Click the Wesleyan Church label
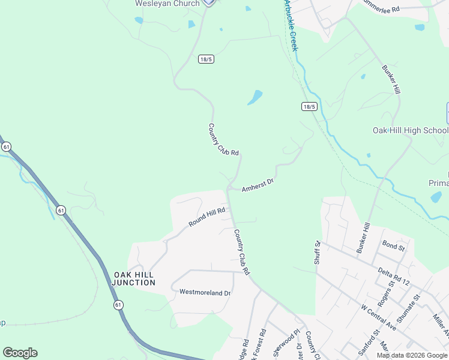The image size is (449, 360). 167,4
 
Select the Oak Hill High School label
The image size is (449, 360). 410,130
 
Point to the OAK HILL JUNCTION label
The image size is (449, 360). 133,278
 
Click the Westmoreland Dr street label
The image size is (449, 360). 205,292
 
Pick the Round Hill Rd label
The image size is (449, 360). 206,217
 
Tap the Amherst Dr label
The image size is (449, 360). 258,185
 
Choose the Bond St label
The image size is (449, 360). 394,245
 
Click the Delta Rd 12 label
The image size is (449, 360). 394,275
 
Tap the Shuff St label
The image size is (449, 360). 317,252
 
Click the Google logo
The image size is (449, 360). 20,353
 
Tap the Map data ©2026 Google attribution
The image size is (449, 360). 412,355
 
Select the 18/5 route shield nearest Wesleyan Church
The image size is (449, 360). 206,59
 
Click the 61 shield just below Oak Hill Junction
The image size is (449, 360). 118,305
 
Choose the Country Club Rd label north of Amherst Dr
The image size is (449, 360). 223,140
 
